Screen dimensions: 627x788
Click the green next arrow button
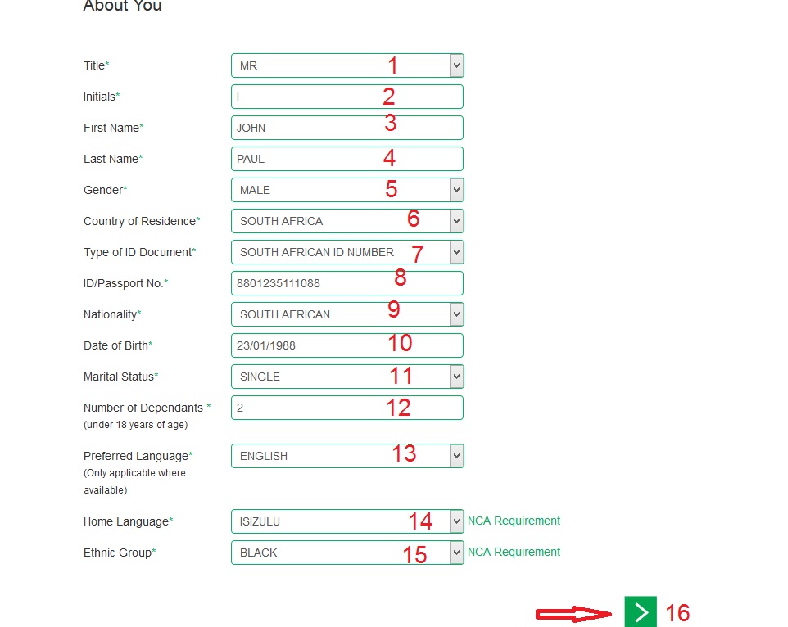coord(641,611)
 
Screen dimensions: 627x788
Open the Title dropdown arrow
coord(456,65)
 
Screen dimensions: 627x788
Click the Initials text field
coord(346,97)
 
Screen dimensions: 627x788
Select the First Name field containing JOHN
coord(346,128)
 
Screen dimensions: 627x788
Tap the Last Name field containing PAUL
coord(346,159)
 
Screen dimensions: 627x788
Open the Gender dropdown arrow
coord(456,190)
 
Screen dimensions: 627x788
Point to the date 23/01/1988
coord(266,345)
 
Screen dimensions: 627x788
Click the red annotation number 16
coord(677,612)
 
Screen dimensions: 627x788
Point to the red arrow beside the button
coord(574,613)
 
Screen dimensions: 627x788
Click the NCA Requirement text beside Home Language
coord(514,521)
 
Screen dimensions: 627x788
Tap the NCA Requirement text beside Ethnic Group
coord(514,552)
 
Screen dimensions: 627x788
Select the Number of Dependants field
coord(346,408)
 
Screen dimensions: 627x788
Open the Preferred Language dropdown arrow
coord(456,456)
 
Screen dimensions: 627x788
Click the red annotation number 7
coord(417,254)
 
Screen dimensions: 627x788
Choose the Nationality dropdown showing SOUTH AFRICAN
coord(340,314)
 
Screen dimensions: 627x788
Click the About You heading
coord(123,7)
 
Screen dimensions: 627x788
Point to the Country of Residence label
coord(141,221)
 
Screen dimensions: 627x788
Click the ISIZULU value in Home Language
coord(260,521)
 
